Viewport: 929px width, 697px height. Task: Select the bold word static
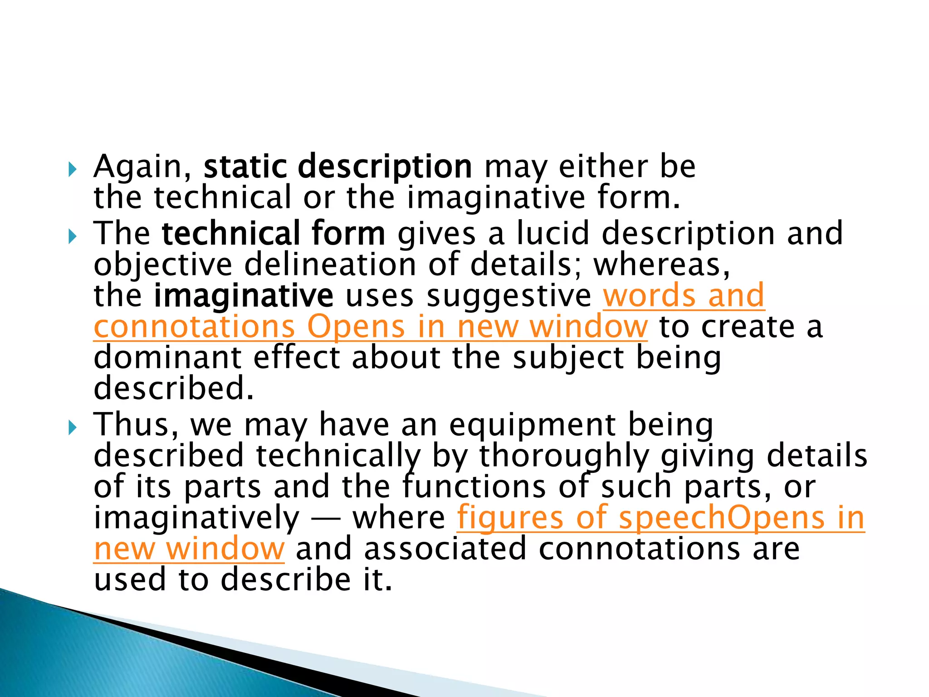(245, 167)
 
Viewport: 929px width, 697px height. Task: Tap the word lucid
(553, 233)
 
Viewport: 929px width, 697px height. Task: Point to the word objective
(163, 265)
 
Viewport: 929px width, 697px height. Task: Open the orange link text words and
(684, 295)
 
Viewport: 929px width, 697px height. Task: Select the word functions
(474, 486)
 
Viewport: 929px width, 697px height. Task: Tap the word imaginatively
(196, 518)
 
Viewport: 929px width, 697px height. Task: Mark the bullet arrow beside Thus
(73, 427)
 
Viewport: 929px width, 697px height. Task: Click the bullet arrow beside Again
(73, 170)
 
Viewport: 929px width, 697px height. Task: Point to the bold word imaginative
(244, 296)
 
